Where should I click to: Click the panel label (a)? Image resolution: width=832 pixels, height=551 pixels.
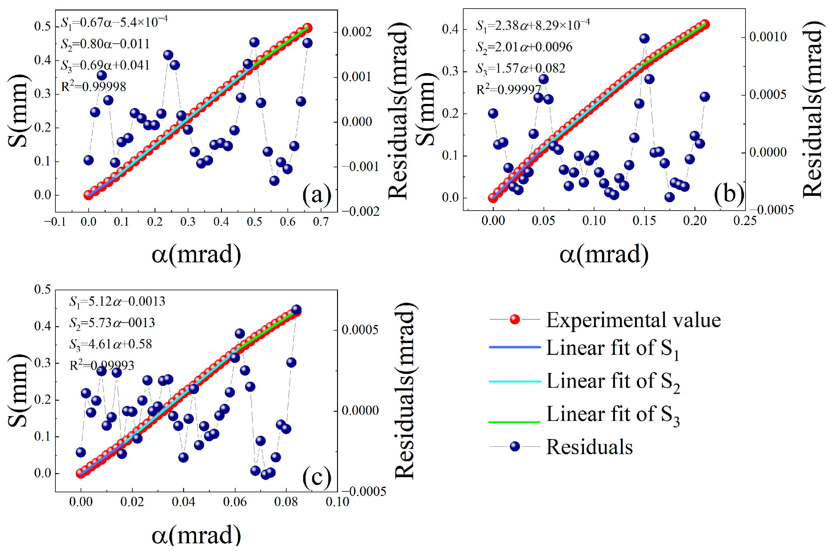(317, 194)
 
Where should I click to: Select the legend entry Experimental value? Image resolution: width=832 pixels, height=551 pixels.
(633, 320)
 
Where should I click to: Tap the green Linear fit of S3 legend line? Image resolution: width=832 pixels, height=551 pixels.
(514, 421)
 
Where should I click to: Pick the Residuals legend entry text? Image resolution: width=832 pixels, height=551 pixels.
(589, 447)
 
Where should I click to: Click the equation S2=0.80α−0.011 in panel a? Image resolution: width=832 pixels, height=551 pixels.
(105, 44)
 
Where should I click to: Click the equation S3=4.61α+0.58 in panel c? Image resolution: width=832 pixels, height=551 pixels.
(111, 344)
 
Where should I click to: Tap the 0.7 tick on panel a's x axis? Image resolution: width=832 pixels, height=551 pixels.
(321, 222)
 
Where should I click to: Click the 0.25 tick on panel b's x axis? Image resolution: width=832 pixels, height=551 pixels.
(745, 221)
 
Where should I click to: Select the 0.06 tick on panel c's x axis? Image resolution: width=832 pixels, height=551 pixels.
(235, 502)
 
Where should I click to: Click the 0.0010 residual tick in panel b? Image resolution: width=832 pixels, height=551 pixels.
(768, 37)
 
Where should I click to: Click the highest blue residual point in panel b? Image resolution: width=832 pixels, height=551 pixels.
(644, 38)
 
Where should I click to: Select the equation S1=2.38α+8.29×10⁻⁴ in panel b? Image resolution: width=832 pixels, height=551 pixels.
(533, 25)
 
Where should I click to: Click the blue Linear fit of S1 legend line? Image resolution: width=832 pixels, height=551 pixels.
(514, 347)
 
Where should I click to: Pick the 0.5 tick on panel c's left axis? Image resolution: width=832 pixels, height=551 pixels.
(42, 290)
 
